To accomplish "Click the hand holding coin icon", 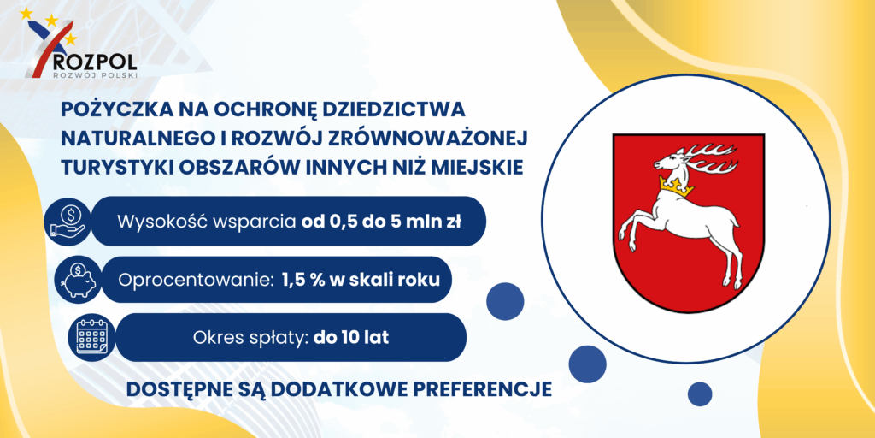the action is point(68,222).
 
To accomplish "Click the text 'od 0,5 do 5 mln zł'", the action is point(382,222).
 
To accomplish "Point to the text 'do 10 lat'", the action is point(351,337).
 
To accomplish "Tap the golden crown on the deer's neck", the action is point(676,186).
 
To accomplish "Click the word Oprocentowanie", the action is point(189,280).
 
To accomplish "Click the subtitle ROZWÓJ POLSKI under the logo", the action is point(94,74).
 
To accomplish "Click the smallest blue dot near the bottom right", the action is point(700,394).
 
